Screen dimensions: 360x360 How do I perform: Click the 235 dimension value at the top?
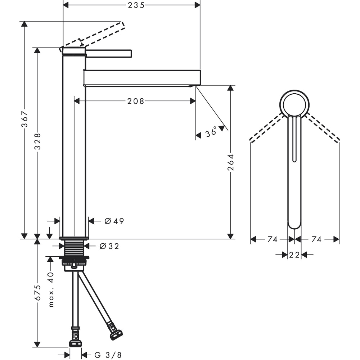click(136, 5)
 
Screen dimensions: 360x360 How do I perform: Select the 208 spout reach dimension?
click(135, 102)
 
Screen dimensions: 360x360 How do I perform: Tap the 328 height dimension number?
click(37, 141)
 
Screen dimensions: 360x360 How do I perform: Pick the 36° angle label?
click(211, 133)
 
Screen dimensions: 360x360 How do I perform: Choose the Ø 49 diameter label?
click(114, 221)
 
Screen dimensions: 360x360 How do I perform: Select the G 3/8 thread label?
click(108, 355)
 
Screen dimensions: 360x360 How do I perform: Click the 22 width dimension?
click(294, 255)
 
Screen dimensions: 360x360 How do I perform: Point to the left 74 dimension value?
click(273, 239)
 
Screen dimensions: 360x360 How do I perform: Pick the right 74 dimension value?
click(316, 239)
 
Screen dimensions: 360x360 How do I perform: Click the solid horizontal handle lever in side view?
click(109, 54)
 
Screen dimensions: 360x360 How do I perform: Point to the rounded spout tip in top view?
click(294, 224)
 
